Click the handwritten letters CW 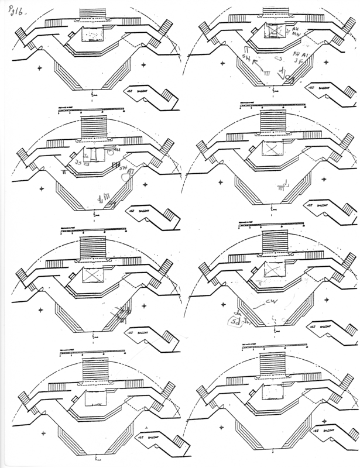pos(270,302)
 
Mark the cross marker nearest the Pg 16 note pos(40,69)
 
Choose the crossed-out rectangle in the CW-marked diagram pos(273,269)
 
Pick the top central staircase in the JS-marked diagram pos(92,127)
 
